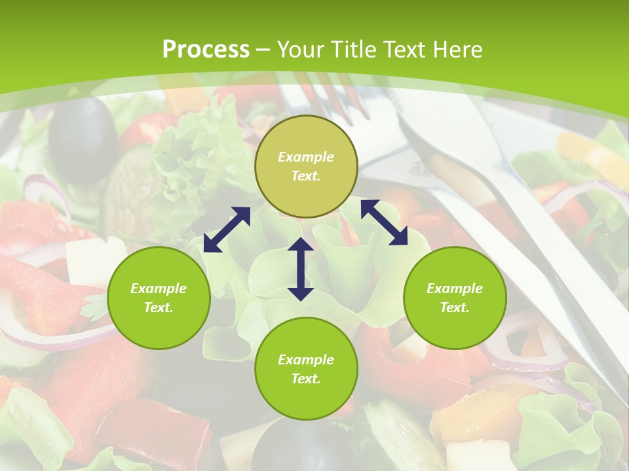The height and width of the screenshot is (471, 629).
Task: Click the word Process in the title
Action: (206, 50)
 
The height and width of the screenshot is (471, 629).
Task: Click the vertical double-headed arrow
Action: (301, 269)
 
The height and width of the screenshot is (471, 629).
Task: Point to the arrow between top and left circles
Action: (227, 230)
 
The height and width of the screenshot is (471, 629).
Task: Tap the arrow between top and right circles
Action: (384, 222)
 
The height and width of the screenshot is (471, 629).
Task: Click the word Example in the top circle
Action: (306, 157)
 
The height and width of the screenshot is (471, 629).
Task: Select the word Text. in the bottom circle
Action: (306, 379)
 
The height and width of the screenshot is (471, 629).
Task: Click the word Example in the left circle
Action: (159, 288)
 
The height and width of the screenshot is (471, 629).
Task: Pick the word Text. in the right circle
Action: (455, 307)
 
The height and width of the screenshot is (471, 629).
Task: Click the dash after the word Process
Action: (263, 50)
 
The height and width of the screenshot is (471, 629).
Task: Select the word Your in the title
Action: (301, 50)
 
